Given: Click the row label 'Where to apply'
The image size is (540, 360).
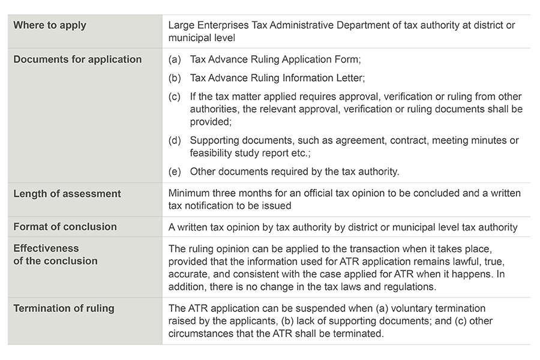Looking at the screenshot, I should pyautogui.click(x=50, y=25).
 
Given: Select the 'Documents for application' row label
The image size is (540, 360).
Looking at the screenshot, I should pyautogui.click(x=77, y=59).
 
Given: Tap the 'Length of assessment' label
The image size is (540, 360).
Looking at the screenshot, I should pyautogui.click(x=67, y=194).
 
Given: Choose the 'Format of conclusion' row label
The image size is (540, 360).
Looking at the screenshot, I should pyautogui.click(x=65, y=227).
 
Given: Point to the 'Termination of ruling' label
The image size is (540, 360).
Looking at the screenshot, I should pyautogui.click(x=64, y=308).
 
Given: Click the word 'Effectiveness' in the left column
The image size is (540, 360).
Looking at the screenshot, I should pyautogui.click(x=46, y=248).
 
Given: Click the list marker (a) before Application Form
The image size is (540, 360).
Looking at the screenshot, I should pyautogui.click(x=175, y=59).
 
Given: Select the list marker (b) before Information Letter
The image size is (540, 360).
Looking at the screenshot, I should pyautogui.click(x=175, y=78).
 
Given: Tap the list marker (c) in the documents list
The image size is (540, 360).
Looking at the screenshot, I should pyautogui.click(x=175, y=97).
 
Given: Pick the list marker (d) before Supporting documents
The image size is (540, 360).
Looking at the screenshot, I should pyautogui.click(x=175, y=140).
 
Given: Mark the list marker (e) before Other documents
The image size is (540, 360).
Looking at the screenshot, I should pyautogui.click(x=175, y=172).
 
